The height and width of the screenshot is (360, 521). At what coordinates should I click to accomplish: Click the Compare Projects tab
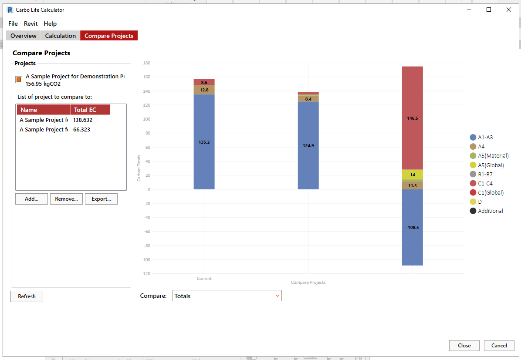[x=109, y=36]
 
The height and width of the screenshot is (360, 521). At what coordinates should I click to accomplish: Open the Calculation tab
[x=61, y=36]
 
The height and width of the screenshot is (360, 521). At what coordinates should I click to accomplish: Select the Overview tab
[x=24, y=36]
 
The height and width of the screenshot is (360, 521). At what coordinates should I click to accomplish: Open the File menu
[x=13, y=24]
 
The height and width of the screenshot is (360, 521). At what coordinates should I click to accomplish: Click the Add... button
[x=31, y=199]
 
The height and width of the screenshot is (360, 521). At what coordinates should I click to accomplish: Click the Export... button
[x=101, y=199]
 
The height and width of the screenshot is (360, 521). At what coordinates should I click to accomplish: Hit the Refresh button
[x=27, y=296]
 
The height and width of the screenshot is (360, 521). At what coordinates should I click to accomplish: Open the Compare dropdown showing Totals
[x=227, y=296]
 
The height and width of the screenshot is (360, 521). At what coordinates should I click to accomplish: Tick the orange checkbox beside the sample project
[x=19, y=80]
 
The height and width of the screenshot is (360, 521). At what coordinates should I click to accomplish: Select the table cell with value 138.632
[x=83, y=120]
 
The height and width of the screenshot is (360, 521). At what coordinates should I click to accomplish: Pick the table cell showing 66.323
[x=82, y=130]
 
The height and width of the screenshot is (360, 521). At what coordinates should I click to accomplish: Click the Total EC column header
[x=90, y=110]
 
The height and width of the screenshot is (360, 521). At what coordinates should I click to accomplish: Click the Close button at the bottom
[x=464, y=346]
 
